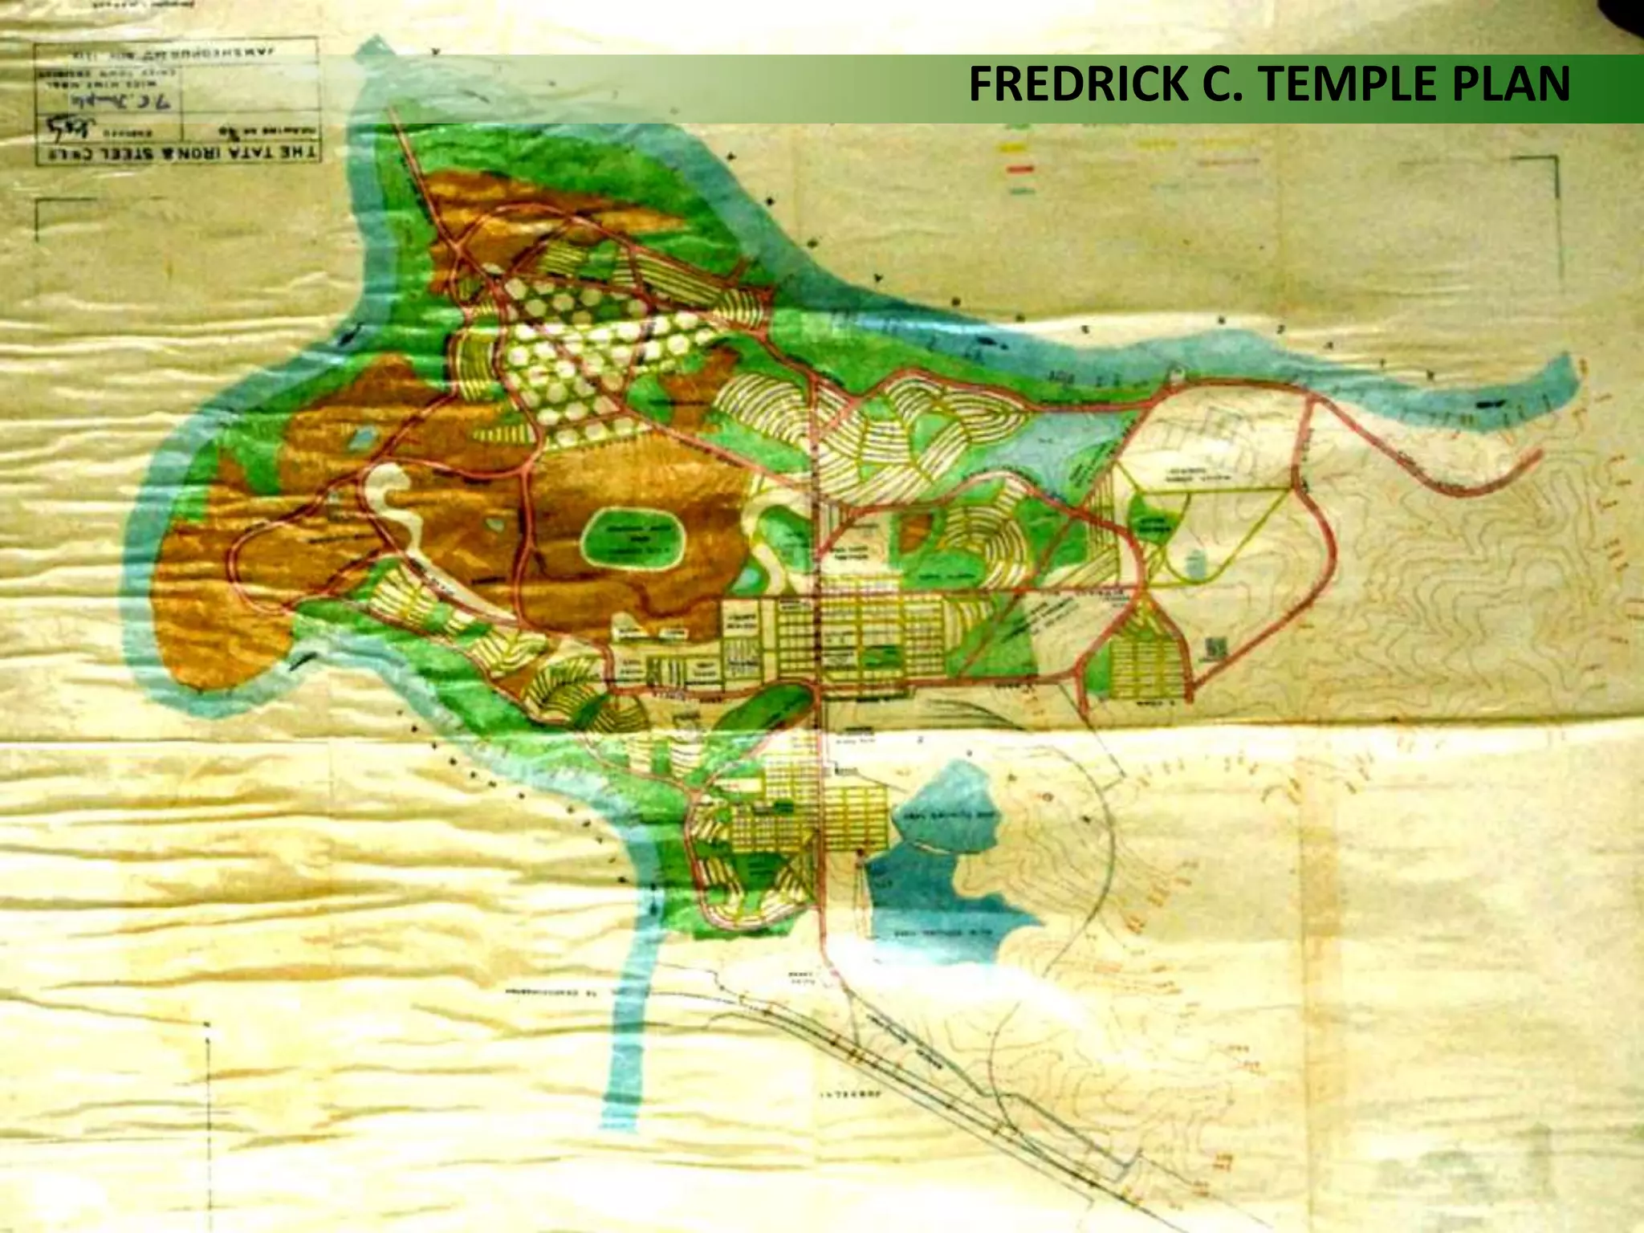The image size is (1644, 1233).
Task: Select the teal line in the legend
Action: pos(1019,191)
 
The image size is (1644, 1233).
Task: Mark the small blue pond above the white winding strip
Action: pos(363,437)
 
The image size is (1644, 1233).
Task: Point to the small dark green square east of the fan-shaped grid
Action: pos(1216,647)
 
